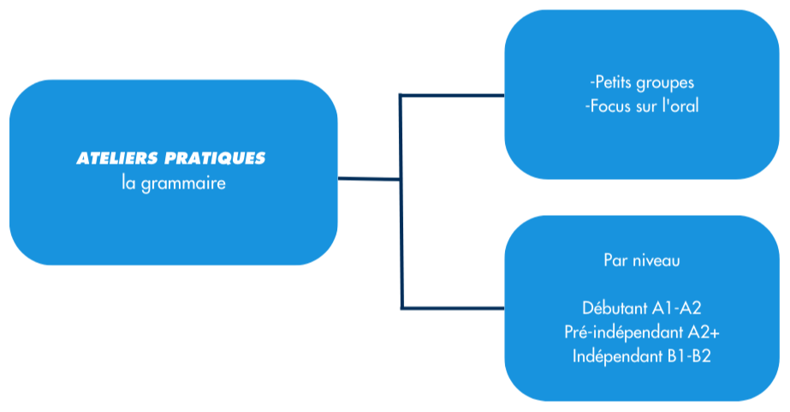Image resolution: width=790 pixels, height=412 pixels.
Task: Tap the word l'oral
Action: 680,108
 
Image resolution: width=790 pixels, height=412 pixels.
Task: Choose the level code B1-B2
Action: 690,355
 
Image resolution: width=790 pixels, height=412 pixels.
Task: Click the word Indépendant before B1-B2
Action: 618,355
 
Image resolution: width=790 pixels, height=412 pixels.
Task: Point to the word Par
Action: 615,260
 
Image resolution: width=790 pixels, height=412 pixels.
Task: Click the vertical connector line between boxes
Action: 401,240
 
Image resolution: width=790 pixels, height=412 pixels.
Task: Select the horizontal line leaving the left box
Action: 369,179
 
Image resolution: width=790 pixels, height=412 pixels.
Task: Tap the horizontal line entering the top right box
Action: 454,95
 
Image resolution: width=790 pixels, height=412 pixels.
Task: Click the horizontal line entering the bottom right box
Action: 454,307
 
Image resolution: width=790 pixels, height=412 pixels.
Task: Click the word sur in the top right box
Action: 645,108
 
